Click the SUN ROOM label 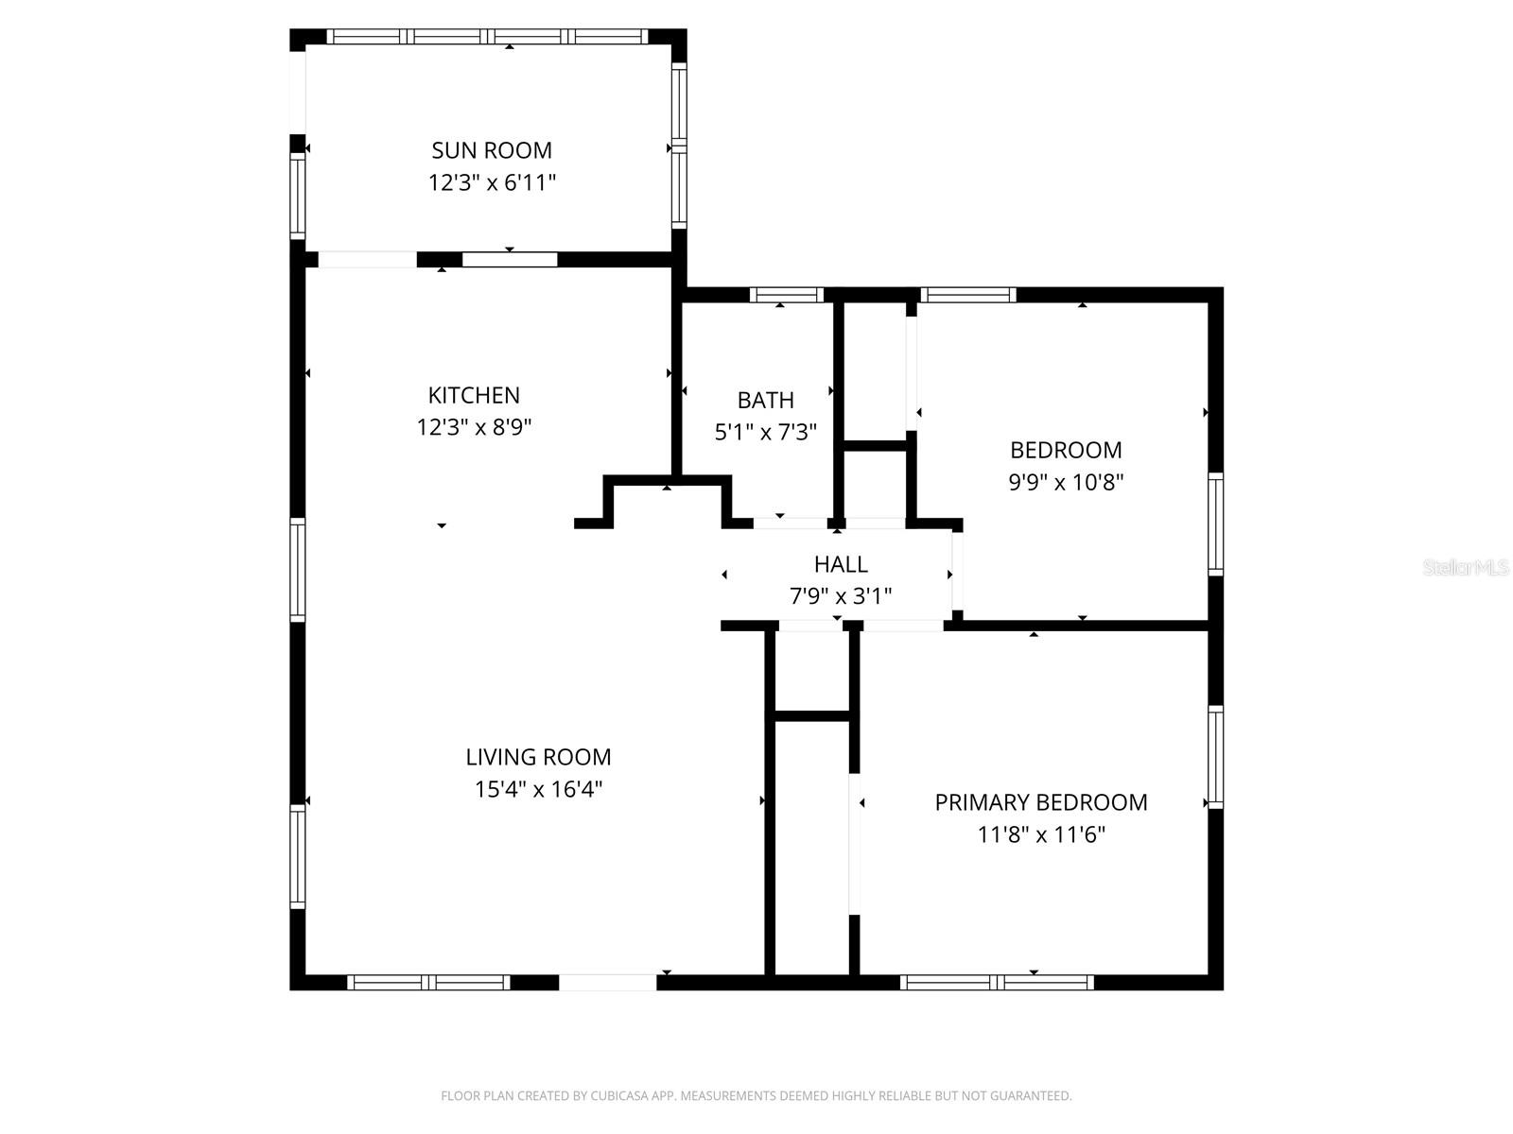[x=492, y=150]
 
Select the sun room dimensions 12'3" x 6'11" [x=492, y=182]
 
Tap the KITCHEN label [x=474, y=395]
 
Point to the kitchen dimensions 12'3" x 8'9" [x=474, y=427]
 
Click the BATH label [x=765, y=400]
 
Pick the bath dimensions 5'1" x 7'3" [x=765, y=432]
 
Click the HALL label [x=841, y=564]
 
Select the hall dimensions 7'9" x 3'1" [x=841, y=596]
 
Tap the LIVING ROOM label [x=538, y=757]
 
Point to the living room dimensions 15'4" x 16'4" [x=538, y=789]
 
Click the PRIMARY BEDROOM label [x=1041, y=802]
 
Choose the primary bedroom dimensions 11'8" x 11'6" [x=1041, y=834]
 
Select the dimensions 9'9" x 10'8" [x=1066, y=482]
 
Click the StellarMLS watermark [x=1465, y=568]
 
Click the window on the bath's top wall [x=787, y=295]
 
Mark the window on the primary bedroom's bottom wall [x=997, y=983]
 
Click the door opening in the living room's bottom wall [x=607, y=983]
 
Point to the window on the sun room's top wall [x=489, y=37]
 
